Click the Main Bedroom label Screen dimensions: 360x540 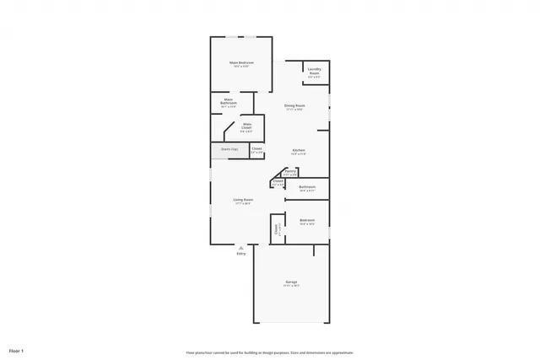pyautogui.click(x=240, y=62)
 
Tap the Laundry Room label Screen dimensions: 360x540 pyautogui.click(x=314, y=71)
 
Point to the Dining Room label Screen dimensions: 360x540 pyautogui.click(x=294, y=105)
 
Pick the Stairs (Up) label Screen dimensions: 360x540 pyautogui.click(x=229, y=149)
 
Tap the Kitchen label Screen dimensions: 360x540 pyautogui.click(x=298, y=150)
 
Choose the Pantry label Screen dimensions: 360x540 pyautogui.click(x=290, y=171)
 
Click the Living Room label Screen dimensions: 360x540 pyautogui.click(x=243, y=199)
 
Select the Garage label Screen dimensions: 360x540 pyautogui.click(x=290, y=281)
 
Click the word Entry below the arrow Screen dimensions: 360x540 pyautogui.click(x=241, y=253)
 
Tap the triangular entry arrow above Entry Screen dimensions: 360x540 pyautogui.click(x=241, y=247)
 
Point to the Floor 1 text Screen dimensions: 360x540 pyautogui.click(x=16, y=350)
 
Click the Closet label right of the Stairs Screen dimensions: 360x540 pyautogui.click(x=256, y=148)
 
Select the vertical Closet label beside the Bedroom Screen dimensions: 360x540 pyautogui.click(x=275, y=228)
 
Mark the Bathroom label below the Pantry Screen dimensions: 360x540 pyautogui.click(x=307, y=186)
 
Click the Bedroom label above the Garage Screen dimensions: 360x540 pyautogui.click(x=307, y=220)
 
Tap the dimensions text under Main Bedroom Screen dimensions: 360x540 pyautogui.click(x=240, y=67)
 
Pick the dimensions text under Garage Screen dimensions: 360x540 pyautogui.click(x=290, y=285)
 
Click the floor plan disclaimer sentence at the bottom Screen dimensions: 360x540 pyautogui.click(x=269, y=352)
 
